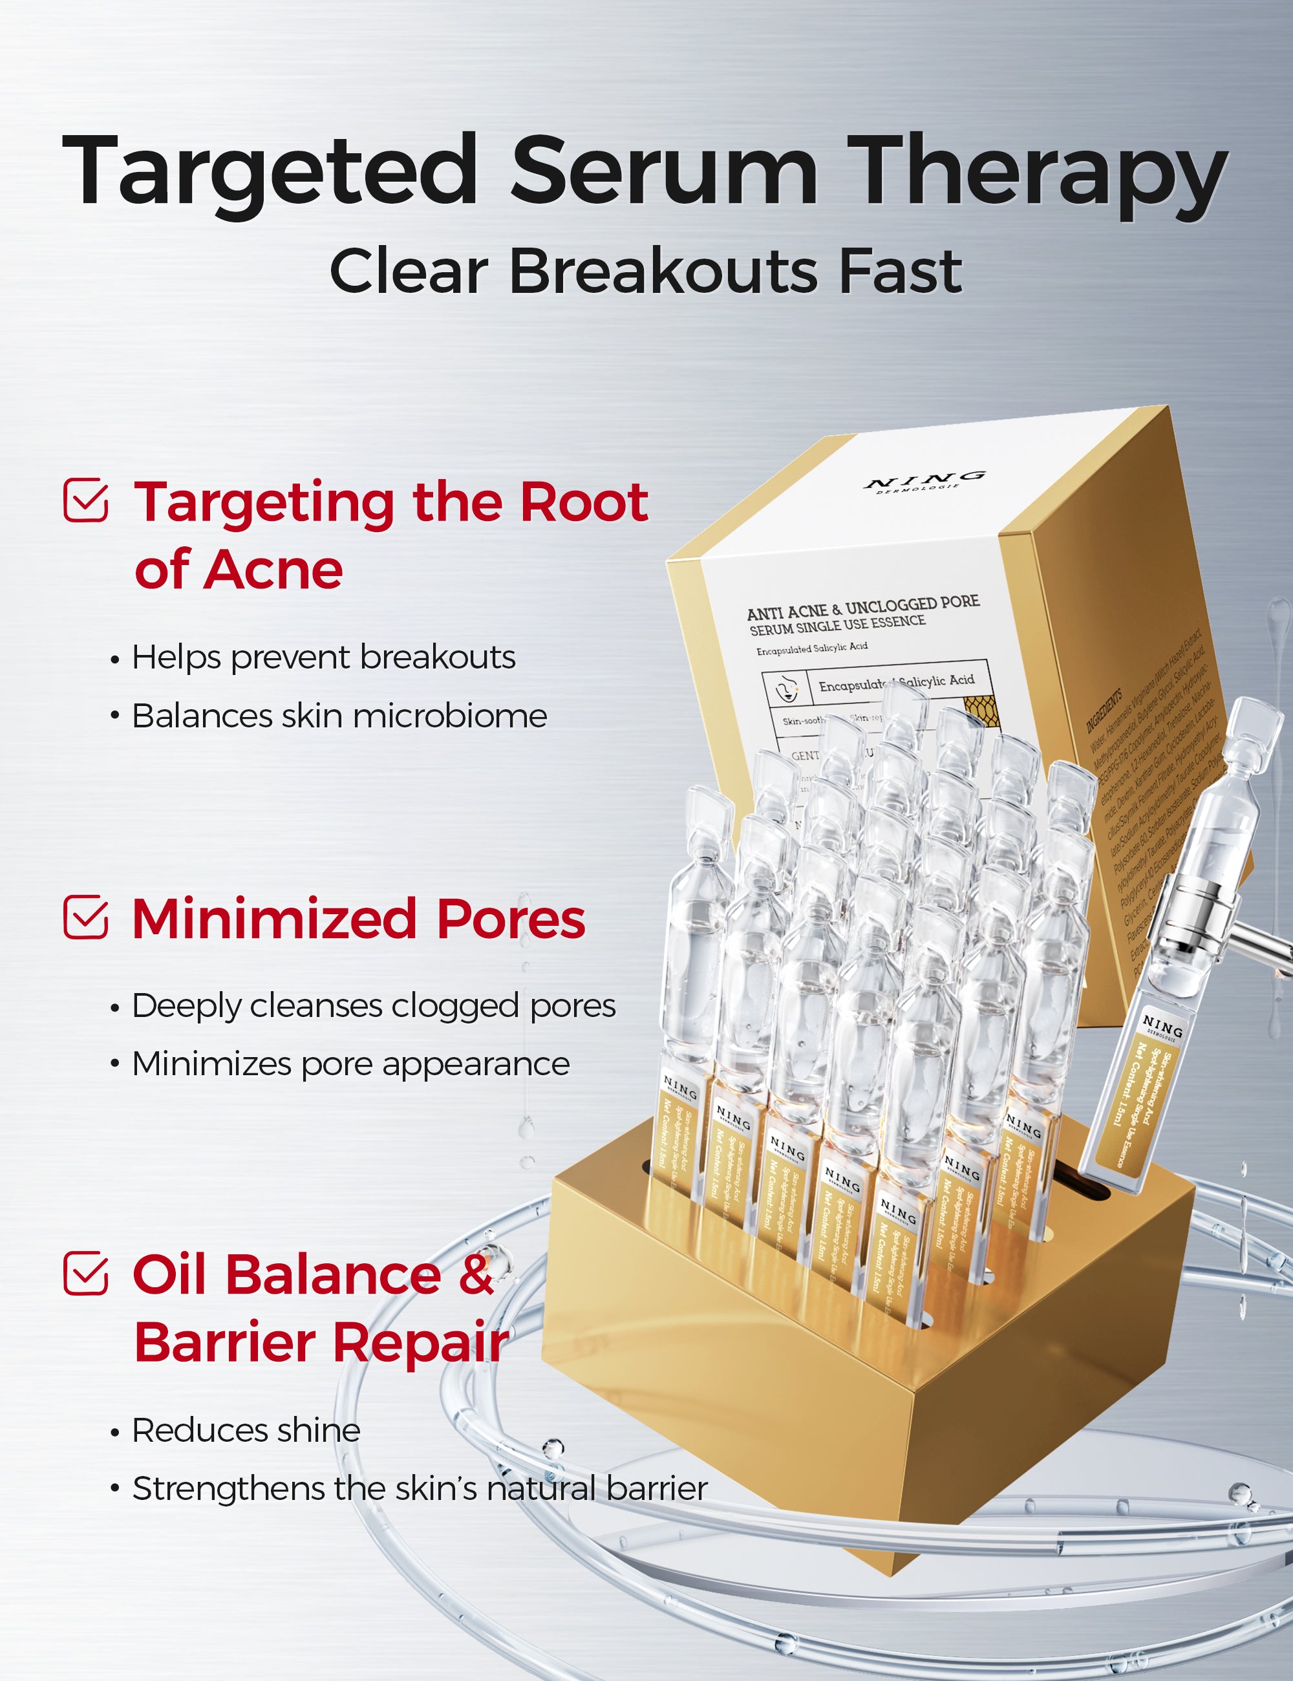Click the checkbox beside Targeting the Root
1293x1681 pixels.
[x=85, y=500]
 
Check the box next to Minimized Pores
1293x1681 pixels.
[x=85, y=917]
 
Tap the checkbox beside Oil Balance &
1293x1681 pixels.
[x=85, y=1273]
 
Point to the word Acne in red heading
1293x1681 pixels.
[x=273, y=570]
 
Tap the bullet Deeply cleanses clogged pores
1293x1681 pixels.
[x=373, y=1006]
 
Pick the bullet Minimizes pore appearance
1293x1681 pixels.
[x=350, y=1064]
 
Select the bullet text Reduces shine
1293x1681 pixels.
[x=246, y=1431]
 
